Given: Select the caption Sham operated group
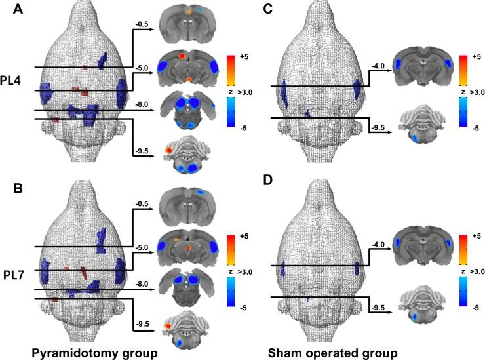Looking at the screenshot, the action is pyautogui.click(x=327, y=353).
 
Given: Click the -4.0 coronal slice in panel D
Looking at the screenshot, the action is pyautogui.click(x=423, y=244).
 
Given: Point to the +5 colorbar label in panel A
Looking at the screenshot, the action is pyautogui.click(x=242, y=57).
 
